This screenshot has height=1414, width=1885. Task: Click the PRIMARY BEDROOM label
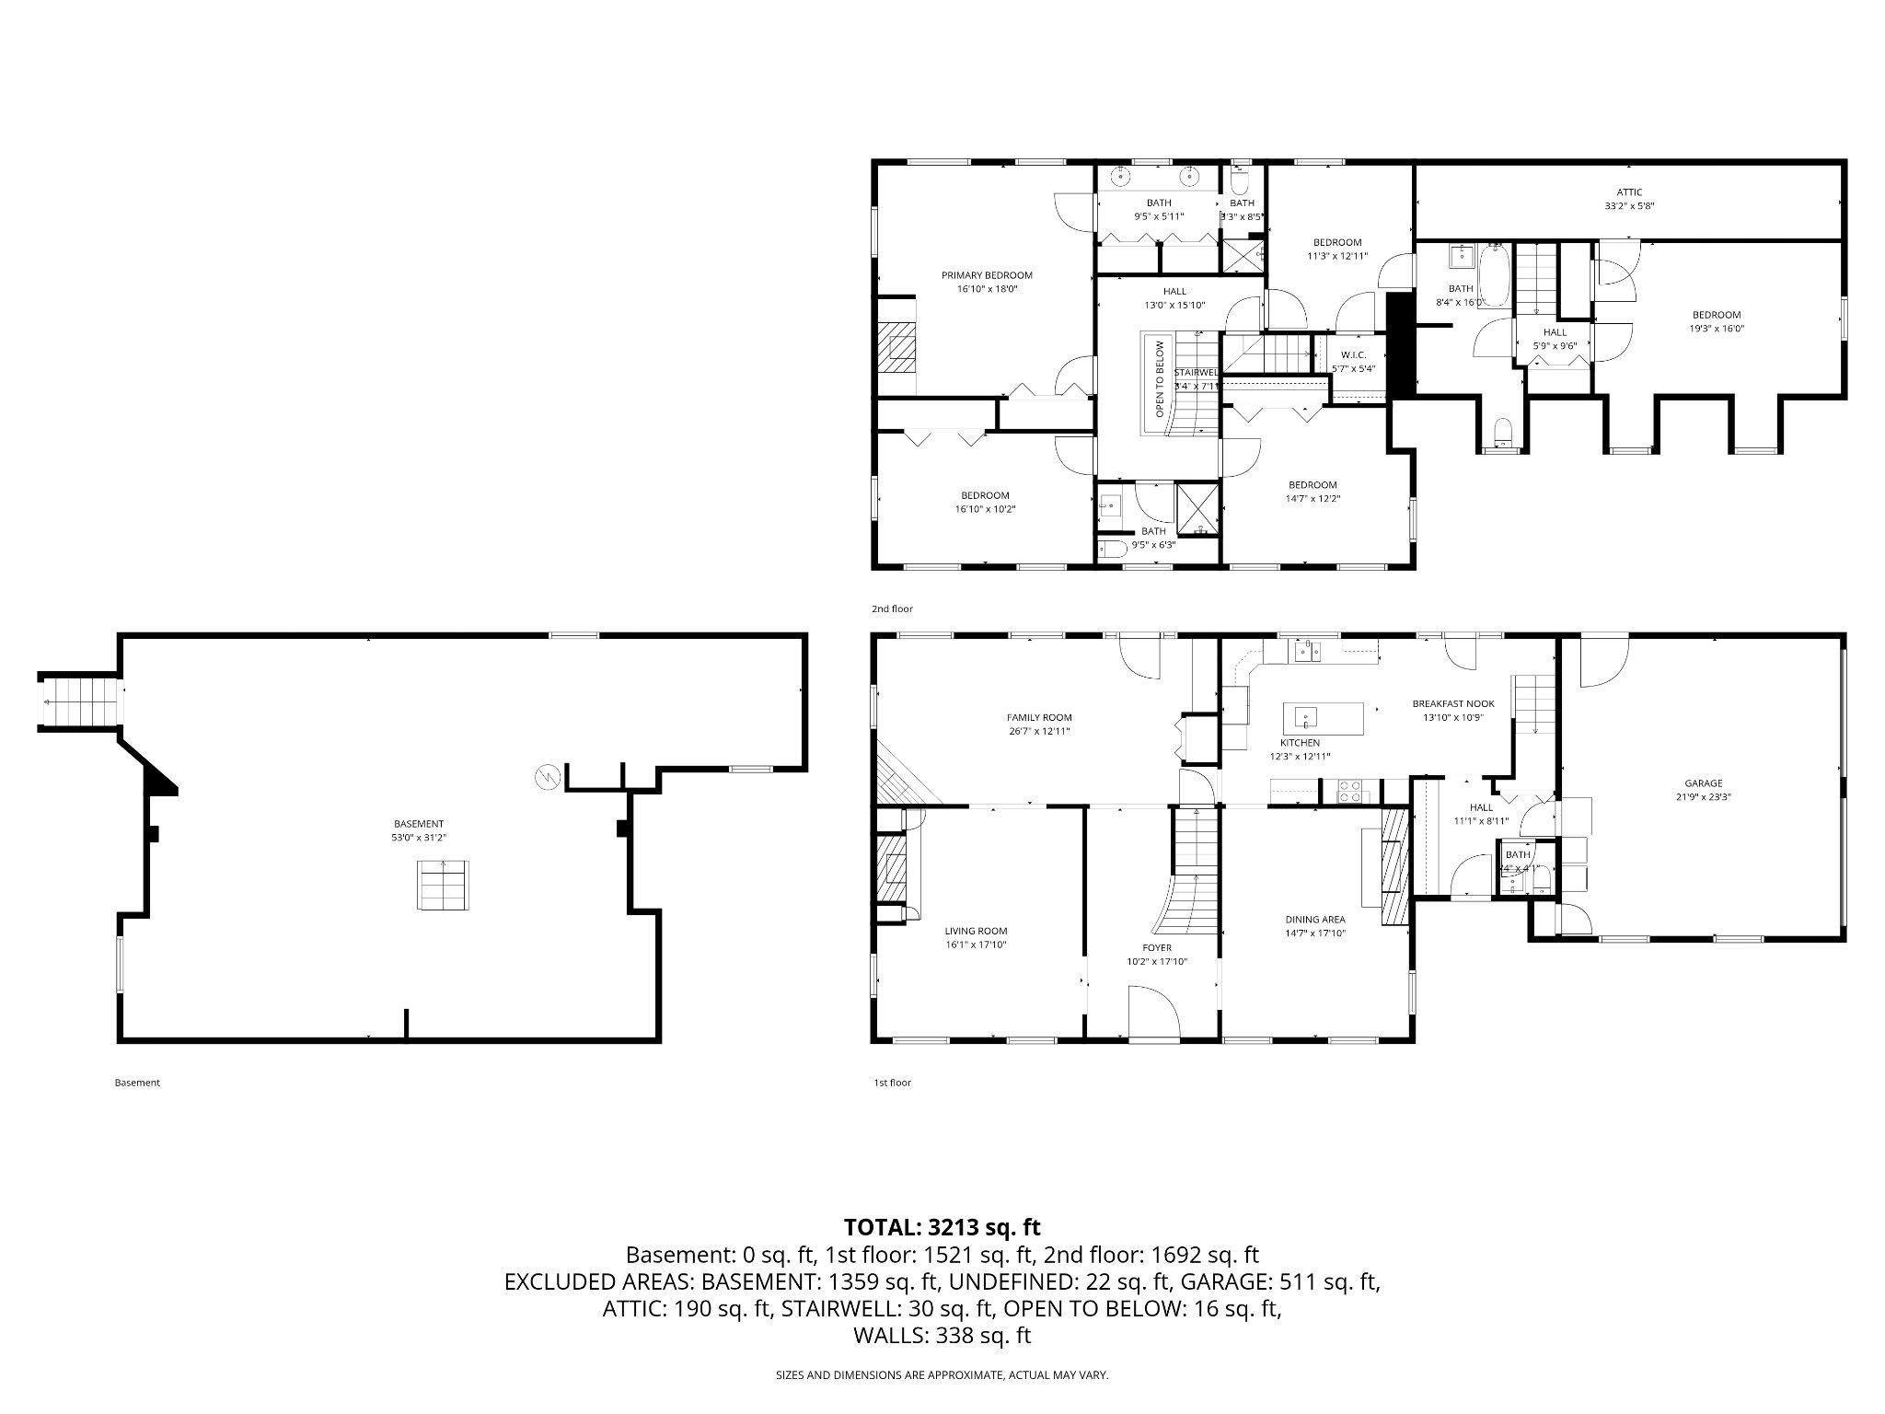click(986, 275)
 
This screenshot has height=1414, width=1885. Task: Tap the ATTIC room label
click(1628, 192)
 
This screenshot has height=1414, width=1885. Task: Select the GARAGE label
click(1703, 783)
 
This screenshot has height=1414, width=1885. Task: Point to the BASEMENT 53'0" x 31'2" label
click(419, 824)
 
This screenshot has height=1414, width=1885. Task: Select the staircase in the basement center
click(445, 886)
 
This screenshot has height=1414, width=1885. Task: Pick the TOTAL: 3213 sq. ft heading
click(942, 1227)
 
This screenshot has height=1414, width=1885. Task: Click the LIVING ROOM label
click(976, 931)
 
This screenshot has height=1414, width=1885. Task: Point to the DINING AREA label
click(1314, 919)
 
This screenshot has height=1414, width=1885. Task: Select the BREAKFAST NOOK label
click(1452, 703)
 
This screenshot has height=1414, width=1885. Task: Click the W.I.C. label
click(1352, 354)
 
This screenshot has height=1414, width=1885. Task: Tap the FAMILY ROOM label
click(1038, 717)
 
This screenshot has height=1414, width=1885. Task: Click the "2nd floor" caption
click(892, 608)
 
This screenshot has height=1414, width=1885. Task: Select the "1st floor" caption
click(892, 1083)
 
